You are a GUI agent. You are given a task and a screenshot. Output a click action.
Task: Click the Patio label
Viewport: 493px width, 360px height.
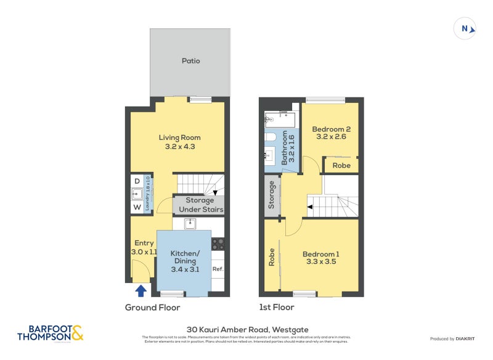190,61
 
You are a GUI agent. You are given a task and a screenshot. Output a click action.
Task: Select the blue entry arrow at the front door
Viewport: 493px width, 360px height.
141,290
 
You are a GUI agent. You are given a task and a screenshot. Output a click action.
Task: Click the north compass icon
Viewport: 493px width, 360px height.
466,28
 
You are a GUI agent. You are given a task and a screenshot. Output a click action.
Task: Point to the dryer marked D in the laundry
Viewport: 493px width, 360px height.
136,181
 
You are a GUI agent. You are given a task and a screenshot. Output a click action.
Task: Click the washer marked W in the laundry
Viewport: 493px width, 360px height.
136,207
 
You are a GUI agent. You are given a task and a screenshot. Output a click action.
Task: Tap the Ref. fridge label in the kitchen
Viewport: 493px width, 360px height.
218,269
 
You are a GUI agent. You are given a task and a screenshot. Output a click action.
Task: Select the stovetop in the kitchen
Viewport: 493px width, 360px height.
218,243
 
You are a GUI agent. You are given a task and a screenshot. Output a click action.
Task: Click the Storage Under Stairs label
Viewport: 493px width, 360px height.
200,205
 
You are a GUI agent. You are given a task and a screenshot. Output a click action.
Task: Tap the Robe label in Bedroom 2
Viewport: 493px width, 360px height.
341,165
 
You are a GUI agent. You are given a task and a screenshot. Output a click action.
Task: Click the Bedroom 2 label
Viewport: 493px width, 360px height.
331,129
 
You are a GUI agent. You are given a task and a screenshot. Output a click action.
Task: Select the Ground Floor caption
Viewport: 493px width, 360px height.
153,307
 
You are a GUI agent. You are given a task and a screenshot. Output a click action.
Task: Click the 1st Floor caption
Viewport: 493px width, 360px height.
277,307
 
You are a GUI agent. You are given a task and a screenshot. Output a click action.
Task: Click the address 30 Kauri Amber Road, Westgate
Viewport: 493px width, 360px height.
246,330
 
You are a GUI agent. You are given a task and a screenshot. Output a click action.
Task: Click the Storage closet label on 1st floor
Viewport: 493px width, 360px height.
271,196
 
